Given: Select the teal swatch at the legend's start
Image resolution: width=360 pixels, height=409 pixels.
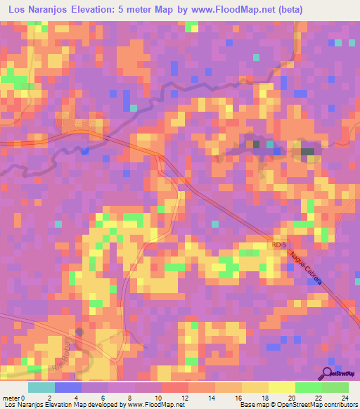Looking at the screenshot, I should click(41, 387).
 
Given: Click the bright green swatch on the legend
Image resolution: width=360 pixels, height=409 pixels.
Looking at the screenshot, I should click(309, 387).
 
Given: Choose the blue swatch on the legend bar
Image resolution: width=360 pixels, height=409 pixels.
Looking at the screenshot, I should click(68, 387).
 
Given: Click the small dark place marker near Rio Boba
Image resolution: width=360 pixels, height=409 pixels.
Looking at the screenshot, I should click(79, 332).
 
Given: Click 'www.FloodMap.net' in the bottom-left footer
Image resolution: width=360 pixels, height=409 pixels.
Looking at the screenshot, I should click(150, 405).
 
